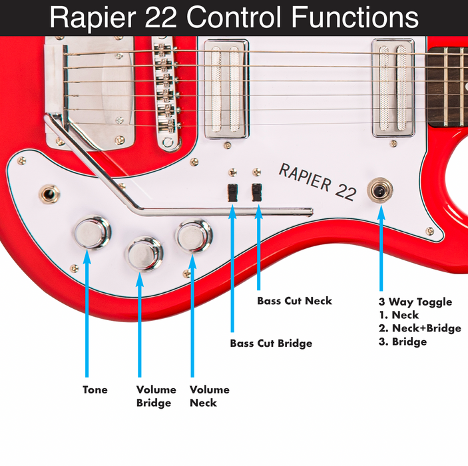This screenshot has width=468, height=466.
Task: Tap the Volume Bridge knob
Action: [144, 254]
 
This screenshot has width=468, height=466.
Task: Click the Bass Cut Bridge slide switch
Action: [232, 193]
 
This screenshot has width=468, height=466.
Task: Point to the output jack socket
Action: [48, 194]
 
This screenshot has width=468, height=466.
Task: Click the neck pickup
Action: [393, 88]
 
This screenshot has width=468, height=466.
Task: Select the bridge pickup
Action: [225, 89]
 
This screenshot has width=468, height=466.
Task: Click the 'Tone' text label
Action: [95, 389]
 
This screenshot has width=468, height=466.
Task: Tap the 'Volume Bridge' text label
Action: [156, 396]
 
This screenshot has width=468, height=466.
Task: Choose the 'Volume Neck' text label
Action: [209, 396]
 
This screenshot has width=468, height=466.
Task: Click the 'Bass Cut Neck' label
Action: [294, 300]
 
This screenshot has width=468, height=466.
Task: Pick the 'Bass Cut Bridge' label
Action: [271, 344]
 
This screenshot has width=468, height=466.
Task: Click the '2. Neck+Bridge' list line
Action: [421, 328]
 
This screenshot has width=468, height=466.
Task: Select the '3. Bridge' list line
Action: [402, 342]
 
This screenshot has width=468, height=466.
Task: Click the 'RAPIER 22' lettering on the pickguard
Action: [316, 181]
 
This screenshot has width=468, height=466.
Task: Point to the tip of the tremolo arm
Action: [310, 212]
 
